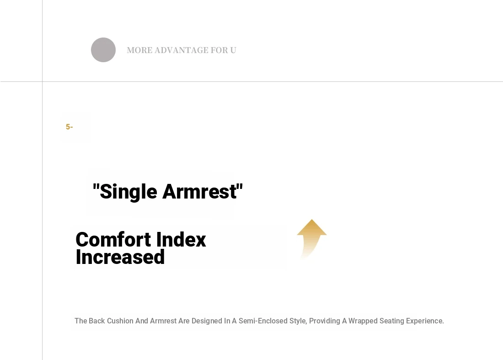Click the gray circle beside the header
(103, 50)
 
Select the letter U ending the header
(233, 50)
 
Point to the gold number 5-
(70, 127)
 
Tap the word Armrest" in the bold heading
(203, 192)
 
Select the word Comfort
(113, 240)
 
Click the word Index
(181, 240)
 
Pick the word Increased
(120, 257)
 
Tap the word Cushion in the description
(120, 321)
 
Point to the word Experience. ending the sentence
(425, 321)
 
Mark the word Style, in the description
(298, 321)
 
